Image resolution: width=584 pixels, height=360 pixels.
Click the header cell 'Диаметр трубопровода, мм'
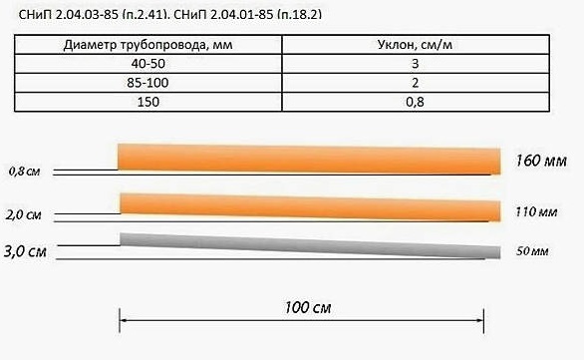coord(148,45)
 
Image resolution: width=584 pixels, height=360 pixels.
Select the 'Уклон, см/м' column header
coord(416,45)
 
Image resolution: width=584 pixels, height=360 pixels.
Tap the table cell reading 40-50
coord(148,64)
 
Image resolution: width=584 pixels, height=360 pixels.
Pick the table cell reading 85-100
coord(148,83)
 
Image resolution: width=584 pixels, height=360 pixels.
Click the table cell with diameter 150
coord(148,102)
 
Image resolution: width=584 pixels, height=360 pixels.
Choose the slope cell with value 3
coord(416,64)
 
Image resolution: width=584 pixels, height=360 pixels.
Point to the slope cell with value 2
coord(416,83)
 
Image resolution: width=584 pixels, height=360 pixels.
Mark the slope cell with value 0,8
coord(416,102)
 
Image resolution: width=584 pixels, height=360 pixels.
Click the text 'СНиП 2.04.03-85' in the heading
coord(69,15)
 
